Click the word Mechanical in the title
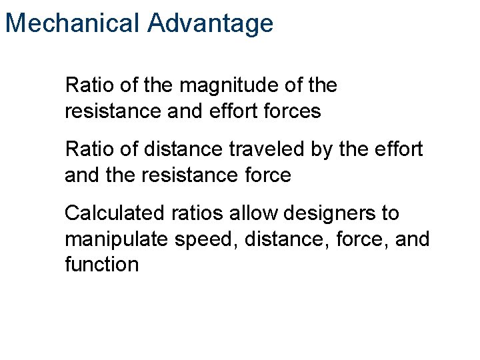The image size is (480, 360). [x=73, y=23]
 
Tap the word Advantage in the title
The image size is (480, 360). [x=211, y=23]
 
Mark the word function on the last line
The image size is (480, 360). [x=101, y=265]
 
